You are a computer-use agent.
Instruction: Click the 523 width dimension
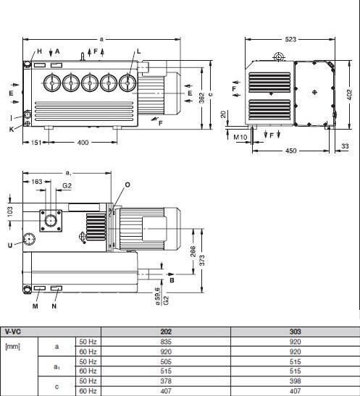290,39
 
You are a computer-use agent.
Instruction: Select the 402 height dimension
349,95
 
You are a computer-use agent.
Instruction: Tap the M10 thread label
240,137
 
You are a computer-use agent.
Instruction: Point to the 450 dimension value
290,151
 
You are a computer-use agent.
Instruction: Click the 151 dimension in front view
36,143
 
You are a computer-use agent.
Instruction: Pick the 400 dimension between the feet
83,143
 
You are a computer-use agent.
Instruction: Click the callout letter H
39,51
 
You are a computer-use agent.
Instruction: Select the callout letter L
138,51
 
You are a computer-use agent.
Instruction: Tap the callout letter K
12,130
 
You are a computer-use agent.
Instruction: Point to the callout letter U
10,245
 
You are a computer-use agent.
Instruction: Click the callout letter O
127,185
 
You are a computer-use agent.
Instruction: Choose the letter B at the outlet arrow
172,280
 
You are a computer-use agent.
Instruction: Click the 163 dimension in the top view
37,182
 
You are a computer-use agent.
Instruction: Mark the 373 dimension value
202,261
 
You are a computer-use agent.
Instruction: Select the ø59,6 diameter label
158,296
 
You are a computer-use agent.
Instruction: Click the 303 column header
295,332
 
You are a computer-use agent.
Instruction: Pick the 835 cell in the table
166,342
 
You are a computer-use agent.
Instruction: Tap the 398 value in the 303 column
295,381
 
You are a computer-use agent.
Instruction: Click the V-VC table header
12,332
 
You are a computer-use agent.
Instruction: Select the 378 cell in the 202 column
166,381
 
